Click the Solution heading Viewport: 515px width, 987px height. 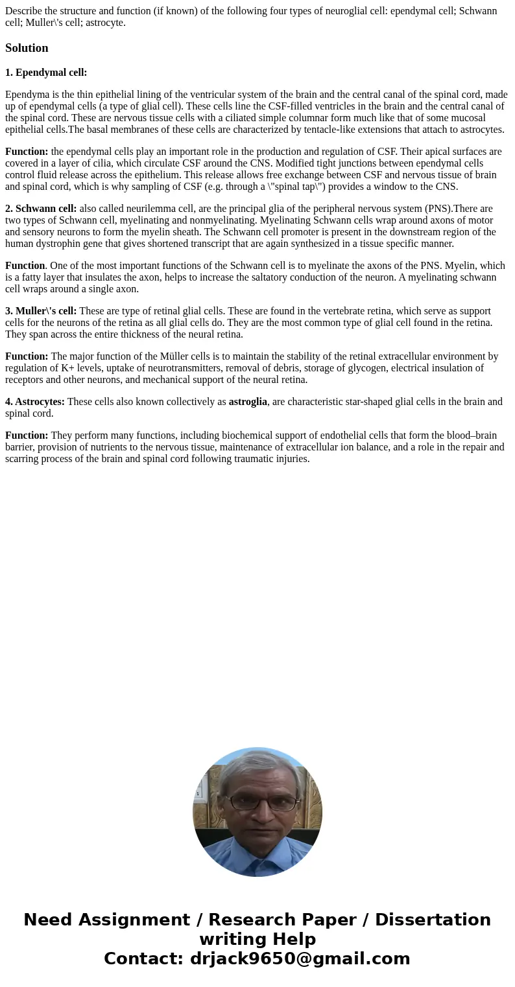pos(27,48)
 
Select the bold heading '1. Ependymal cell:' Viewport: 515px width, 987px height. pos(46,73)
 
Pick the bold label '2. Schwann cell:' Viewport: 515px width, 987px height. pos(41,209)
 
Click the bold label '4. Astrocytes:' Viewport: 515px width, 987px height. pos(35,402)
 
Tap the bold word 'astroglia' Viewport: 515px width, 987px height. pos(248,402)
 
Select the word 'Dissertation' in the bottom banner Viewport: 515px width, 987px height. pos(433,920)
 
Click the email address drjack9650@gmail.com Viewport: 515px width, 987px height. pos(300,959)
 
